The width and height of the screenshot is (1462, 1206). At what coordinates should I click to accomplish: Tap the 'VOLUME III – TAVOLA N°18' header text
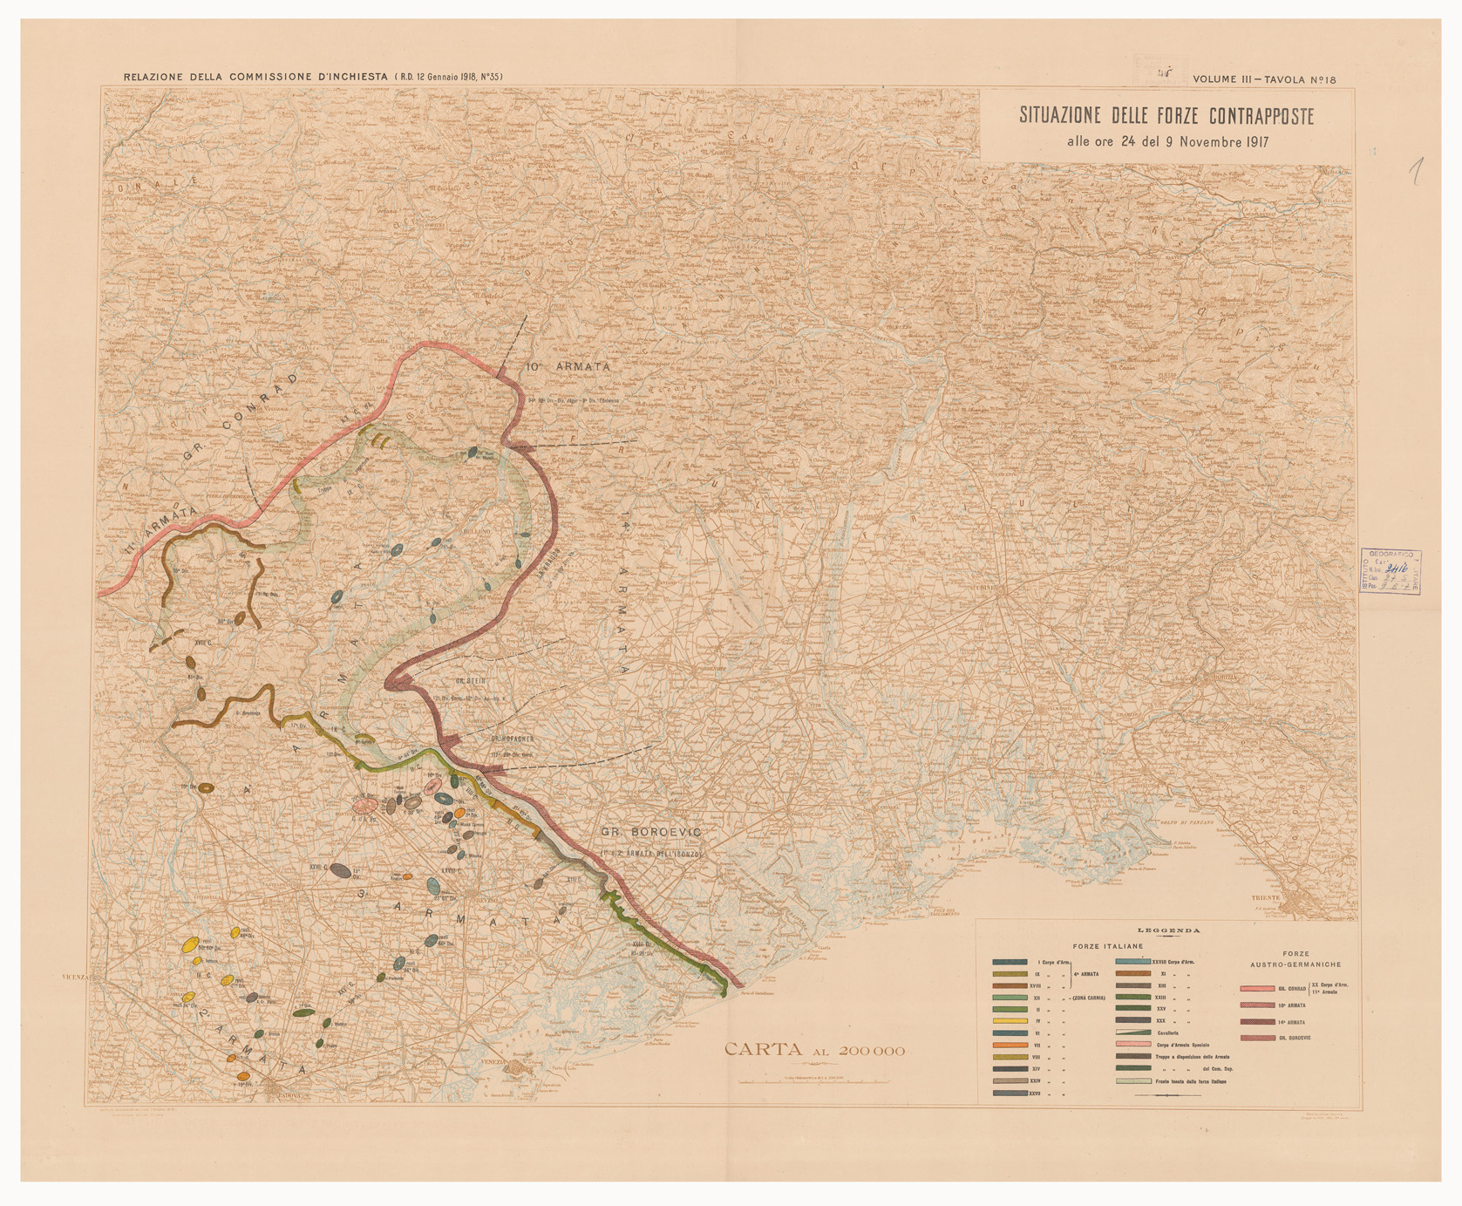(x=1264, y=79)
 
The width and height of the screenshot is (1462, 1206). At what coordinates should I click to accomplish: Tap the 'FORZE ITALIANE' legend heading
(x=1109, y=945)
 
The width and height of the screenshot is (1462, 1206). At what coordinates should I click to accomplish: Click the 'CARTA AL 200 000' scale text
(x=814, y=1051)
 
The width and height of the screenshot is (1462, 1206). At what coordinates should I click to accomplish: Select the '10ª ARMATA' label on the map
(x=568, y=367)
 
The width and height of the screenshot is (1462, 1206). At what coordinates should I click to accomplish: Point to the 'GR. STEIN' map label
(x=470, y=681)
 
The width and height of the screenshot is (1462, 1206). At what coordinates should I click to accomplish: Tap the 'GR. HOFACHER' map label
(x=511, y=739)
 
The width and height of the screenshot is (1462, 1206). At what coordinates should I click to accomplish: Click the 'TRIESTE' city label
(x=1266, y=897)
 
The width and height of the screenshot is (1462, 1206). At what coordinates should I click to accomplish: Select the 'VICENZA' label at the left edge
(x=78, y=978)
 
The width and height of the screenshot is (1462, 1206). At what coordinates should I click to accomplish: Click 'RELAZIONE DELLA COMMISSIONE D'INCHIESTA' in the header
(x=255, y=77)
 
